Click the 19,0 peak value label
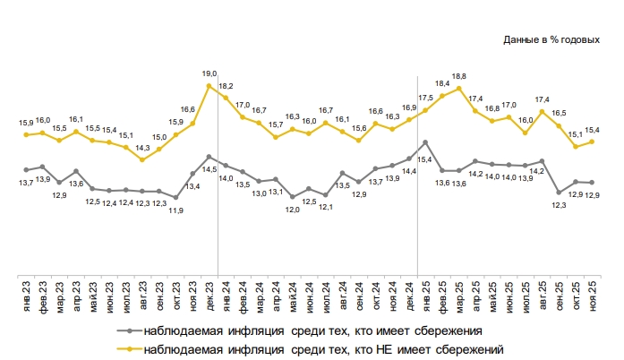point(209,73)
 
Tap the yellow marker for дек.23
point(209,86)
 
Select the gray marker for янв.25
point(425,142)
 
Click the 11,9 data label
point(176,210)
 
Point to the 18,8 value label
point(458,76)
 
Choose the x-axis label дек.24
point(409,295)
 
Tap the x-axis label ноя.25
point(592,295)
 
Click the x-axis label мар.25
point(458,295)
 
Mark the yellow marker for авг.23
point(143,159)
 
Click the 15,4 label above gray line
point(425,159)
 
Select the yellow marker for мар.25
point(458,89)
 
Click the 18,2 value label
point(226,86)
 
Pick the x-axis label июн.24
point(309,295)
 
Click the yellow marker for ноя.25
point(592,141)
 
